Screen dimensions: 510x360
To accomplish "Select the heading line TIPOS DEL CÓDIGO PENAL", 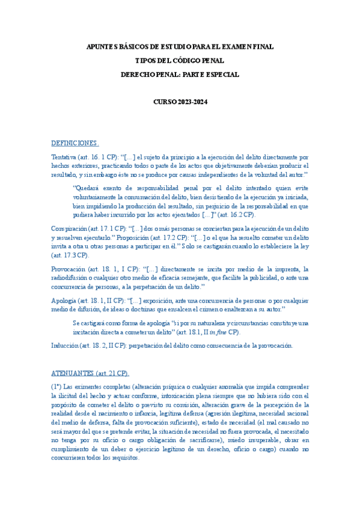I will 180,61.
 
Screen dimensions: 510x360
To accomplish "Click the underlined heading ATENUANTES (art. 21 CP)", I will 90,373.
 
